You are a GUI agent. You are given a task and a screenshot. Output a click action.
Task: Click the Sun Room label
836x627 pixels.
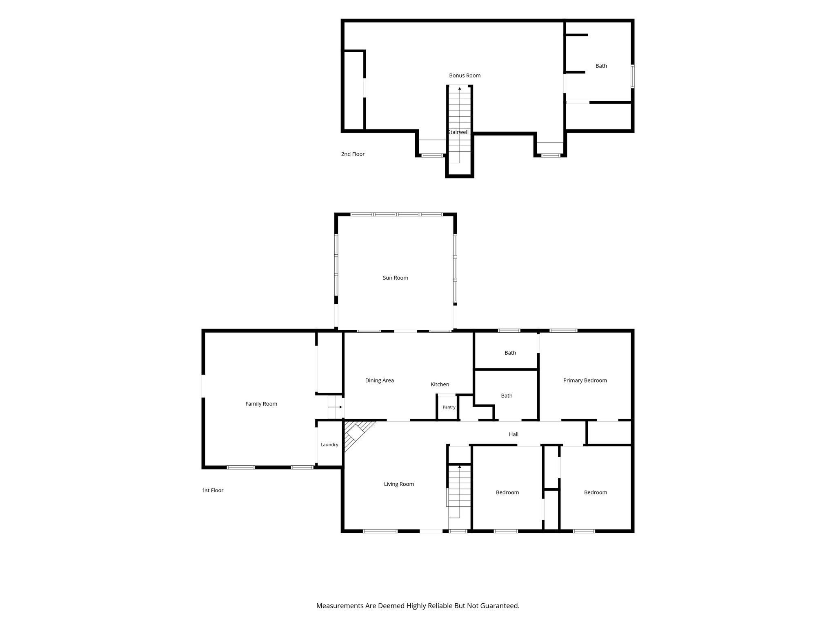tap(395, 278)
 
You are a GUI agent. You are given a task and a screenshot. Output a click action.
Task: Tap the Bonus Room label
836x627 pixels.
tap(465, 76)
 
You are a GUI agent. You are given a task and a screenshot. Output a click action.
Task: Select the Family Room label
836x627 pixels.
tap(261, 404)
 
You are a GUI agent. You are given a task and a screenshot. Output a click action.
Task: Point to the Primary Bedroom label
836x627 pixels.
tap(585, 380)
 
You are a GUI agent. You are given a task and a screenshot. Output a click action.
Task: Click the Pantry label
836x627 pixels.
tap(449, 407)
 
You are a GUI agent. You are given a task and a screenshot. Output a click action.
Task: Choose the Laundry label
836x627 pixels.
tap(329, 445)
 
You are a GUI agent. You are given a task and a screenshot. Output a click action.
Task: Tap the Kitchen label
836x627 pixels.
tap(440, 385)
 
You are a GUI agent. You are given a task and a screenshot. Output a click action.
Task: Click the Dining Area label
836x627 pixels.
tap(380, 380)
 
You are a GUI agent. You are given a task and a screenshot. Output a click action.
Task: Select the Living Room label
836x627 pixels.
tap(399, 484)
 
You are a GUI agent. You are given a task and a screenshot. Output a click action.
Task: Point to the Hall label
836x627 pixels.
tap(514, 434)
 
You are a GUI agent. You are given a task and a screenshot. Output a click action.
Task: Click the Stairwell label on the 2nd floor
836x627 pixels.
tap(458, 132)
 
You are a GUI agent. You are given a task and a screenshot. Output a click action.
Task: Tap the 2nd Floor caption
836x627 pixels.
tap(353, 154)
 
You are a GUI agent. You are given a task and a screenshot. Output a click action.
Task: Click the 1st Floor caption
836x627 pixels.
tap(213, 491)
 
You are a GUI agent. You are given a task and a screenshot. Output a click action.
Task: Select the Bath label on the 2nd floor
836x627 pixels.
tap(601, 66)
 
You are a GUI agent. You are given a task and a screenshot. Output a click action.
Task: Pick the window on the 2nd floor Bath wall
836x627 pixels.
tap(632, 76)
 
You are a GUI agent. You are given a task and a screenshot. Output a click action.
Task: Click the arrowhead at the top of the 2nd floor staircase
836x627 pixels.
tap(460, 88)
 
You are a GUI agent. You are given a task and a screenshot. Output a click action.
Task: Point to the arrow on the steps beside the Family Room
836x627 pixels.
tap(336, 407)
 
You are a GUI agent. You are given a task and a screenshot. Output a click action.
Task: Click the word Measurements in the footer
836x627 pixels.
tap(340, 606)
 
